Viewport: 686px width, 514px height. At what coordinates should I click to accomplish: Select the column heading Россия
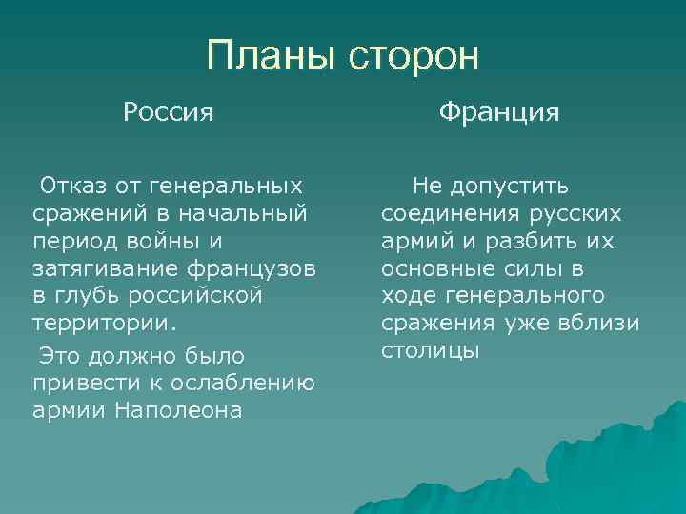[x=168, y=113]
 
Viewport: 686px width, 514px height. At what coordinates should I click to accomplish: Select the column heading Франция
[x=499, y=113]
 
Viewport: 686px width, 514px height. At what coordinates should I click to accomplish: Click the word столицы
[x=430, y=350]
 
